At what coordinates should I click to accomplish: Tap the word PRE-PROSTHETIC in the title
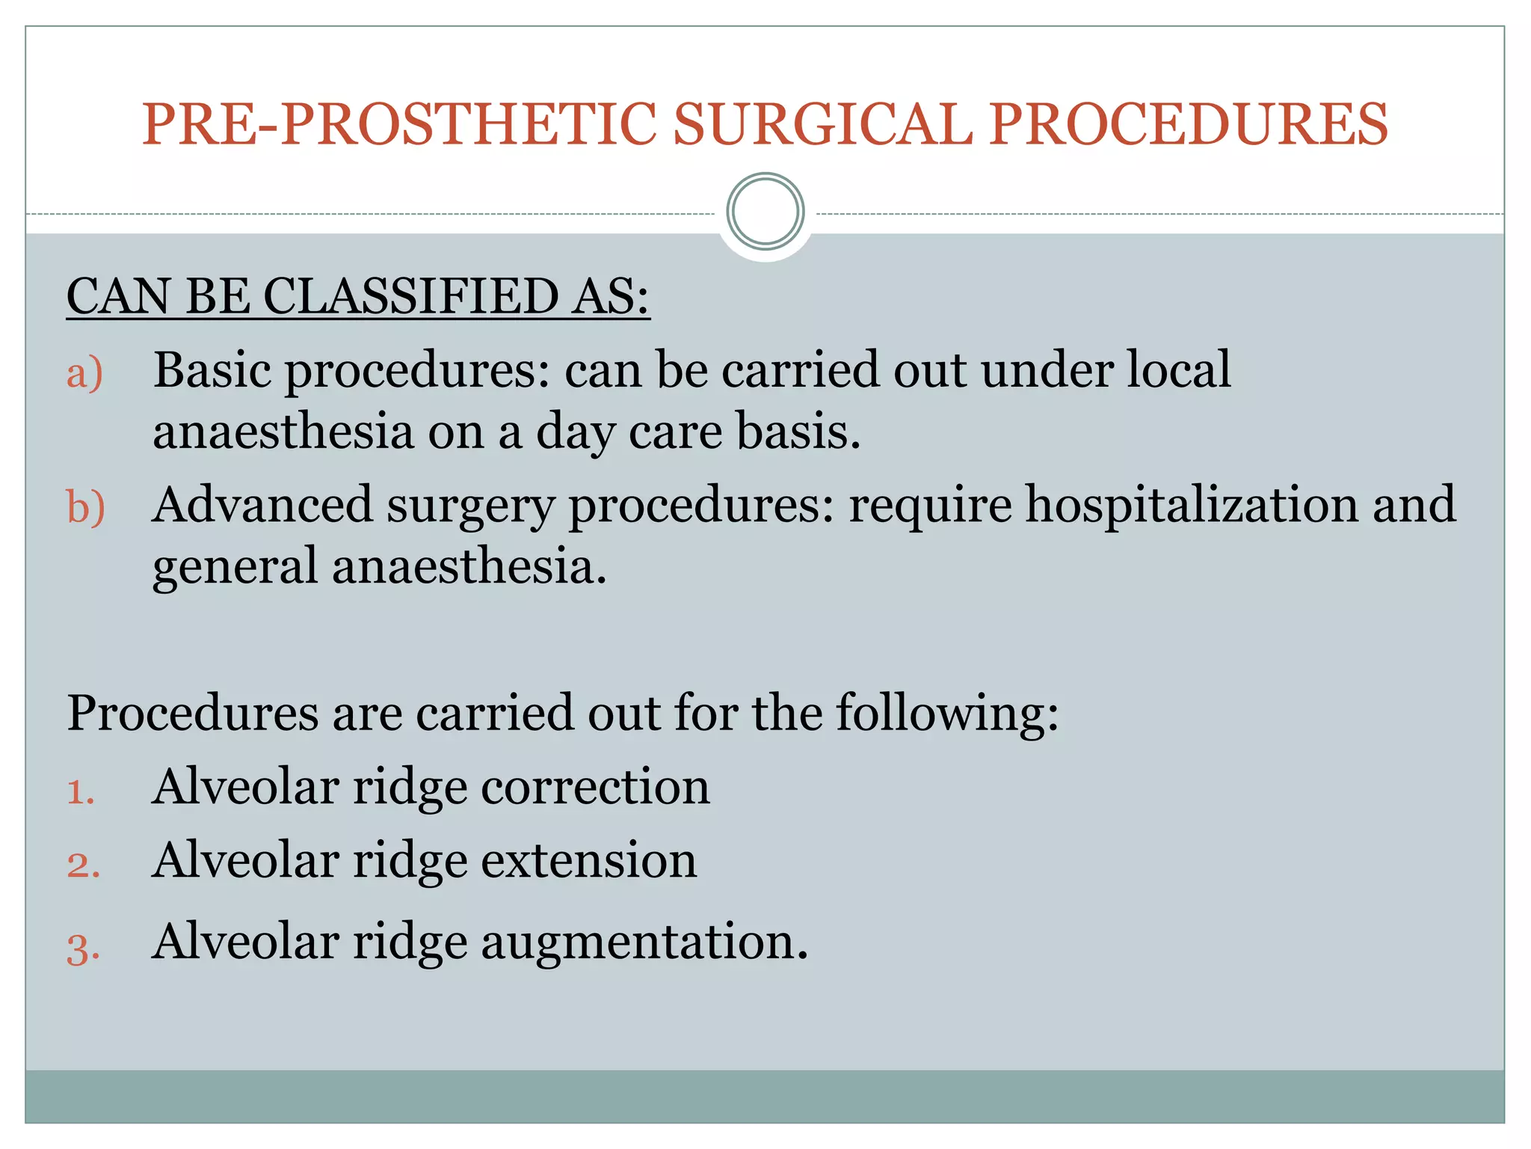coord(399,124)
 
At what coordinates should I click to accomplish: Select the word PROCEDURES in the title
coord(1189,124)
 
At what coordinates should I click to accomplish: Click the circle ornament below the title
coord(765,212)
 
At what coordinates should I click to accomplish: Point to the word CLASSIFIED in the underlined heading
coord(410,296)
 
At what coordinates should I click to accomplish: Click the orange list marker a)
coord(84,373)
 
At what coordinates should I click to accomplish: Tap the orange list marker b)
coord(85,507)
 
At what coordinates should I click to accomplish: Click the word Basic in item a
coord(212,370)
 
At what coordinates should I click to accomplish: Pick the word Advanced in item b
coord(262,504)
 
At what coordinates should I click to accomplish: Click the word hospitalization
coord(1192,506)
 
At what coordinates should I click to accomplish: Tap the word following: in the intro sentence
coord(947,712)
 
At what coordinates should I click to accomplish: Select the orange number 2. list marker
coord(83,865)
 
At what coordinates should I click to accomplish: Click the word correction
coord(595,787)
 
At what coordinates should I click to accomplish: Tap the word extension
coord(588,860)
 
